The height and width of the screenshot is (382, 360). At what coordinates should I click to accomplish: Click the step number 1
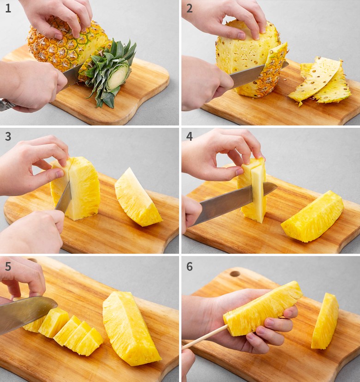point(8,8)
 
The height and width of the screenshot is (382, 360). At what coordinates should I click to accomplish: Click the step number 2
point(189,8)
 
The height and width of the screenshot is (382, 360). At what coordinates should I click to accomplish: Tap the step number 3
point(8,137)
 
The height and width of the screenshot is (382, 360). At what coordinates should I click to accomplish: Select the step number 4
point(189,137)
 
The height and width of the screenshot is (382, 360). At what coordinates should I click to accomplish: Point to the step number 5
point(8,267)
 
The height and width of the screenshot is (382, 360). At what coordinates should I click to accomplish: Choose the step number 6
point(189,267)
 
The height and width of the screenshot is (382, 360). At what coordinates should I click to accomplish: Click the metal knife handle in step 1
point(6,105)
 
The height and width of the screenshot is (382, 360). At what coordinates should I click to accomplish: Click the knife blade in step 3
point(64,198)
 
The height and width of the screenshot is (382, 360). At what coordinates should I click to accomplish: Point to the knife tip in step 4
point(277,186)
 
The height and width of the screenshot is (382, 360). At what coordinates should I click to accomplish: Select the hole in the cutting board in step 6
point(235,274)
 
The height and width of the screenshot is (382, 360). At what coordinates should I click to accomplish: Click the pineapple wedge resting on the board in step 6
point(325,321)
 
